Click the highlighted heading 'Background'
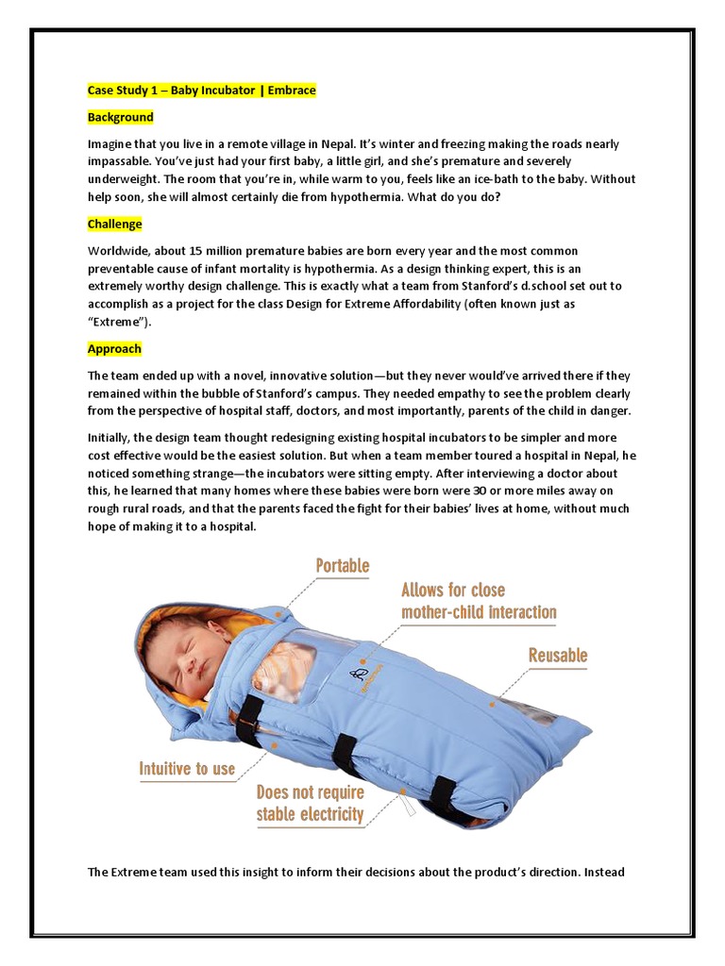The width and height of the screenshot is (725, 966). (x=120, y=117)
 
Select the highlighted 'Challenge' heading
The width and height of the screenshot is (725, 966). (x=114, y=224)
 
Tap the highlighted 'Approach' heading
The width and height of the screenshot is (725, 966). (x=114, y=348)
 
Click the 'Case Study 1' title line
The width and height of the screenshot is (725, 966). (x=201, y=91)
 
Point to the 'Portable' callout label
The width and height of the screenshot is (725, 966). (x=343, y=566)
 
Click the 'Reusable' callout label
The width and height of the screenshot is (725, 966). (x=558, y=655)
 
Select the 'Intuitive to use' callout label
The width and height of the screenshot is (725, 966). (x=187, y=768)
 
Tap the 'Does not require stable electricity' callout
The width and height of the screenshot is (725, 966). (x=310, y=804)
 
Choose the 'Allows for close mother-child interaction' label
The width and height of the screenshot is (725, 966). (x=479, y=601)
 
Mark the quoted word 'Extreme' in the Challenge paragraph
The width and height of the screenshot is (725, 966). (x=115, y=322)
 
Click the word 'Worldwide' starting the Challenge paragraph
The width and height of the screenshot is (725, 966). (x=118, y=250)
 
